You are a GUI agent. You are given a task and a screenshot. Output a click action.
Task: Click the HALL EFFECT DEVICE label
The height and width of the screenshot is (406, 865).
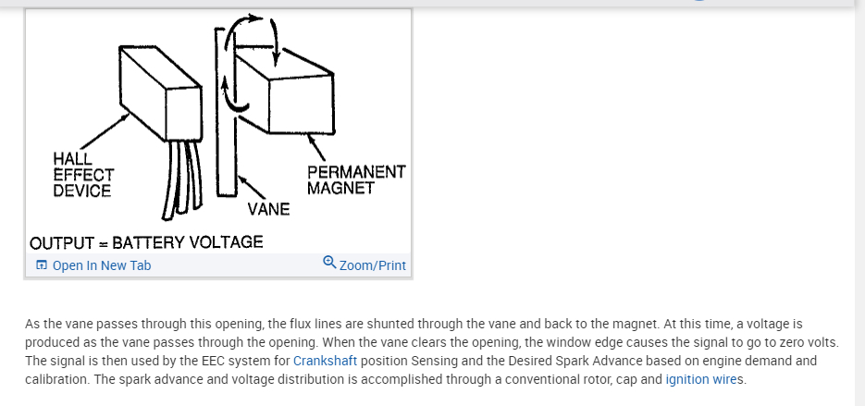point(83,175)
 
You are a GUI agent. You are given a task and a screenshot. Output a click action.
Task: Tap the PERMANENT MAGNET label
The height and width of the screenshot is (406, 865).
point(355,179)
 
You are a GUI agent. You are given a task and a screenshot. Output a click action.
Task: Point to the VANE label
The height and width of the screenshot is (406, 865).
point(268,209)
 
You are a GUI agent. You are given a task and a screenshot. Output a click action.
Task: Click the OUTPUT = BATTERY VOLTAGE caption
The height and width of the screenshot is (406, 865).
point(146,243)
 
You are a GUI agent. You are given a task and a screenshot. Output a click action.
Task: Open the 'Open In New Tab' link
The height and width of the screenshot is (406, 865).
point(101,265)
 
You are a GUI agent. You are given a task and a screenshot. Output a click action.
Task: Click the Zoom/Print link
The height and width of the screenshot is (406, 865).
point(372,265)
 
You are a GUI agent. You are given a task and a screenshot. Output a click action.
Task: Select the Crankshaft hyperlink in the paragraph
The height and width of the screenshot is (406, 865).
point(319,361)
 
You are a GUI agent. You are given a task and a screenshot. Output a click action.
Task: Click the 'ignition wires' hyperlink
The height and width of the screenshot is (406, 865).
point(704,379)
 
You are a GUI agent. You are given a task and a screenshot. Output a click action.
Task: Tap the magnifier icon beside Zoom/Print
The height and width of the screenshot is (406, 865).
point(329,264)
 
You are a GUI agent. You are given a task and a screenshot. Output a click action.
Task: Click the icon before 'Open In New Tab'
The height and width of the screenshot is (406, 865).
point(41,265)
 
